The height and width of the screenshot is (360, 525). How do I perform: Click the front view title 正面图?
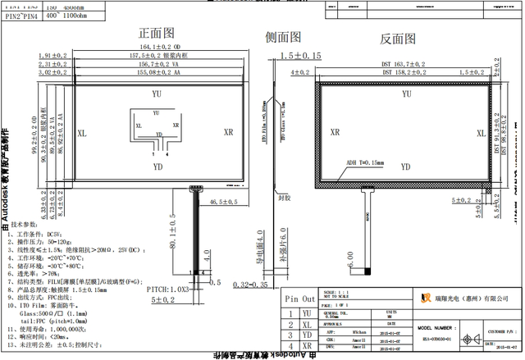tap(157, 34)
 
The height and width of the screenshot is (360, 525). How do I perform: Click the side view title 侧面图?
tap(284, 37)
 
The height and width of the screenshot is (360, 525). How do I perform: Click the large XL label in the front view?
tap(82, 132)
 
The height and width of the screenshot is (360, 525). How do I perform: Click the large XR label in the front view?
tap(230, 131)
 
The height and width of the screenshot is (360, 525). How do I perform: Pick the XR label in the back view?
tap(335, 131)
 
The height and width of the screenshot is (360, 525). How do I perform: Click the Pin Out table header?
tap(297, 300)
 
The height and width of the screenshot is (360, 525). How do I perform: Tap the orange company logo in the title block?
tap(426, 298)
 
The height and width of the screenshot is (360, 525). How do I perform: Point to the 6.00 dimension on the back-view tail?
tap(351, 267)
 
